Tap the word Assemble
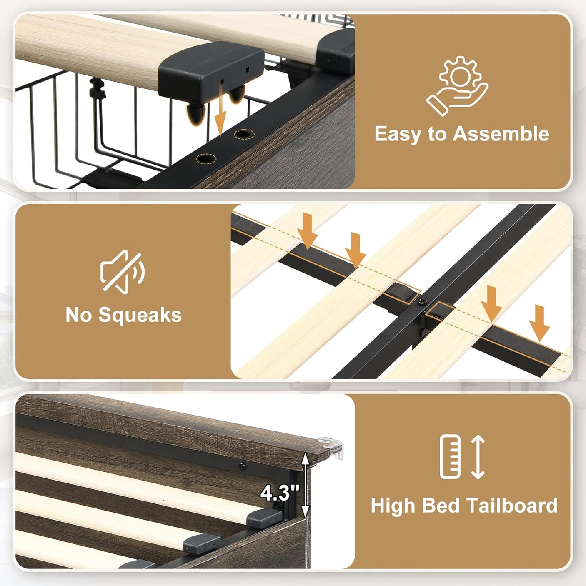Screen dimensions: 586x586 click(x=501, y=134)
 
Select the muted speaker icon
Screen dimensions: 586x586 click(x=123, y=271)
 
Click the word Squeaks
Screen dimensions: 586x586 click(x=140, y=315)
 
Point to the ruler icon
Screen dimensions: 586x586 click(x=451, y=457)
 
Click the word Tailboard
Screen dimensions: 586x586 click(x=512, y=505)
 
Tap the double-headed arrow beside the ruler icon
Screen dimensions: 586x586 click(x=478, y=457)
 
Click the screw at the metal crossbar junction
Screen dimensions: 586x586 click(x=423, y=301)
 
